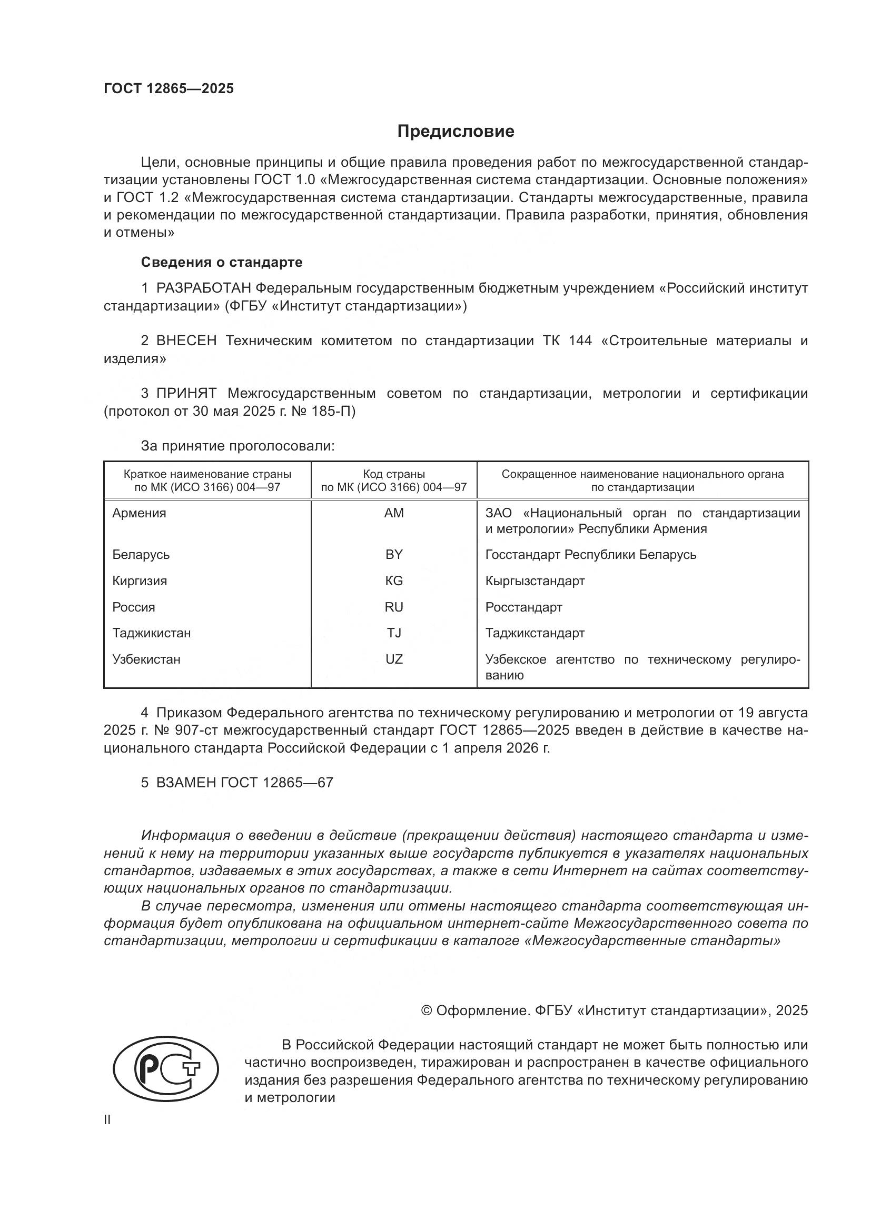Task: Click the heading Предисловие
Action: (456, 132)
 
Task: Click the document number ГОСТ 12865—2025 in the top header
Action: (169, 88)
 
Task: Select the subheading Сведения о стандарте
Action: (222, 262)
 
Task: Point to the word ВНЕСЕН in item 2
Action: (186, 341)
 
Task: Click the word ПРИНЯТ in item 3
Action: (186, 394)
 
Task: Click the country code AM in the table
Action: (394, 513)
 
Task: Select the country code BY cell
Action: (394, 554)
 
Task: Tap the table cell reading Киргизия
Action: (140, 581)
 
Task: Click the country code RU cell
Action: (394, 607)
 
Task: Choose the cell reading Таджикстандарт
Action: (535, 633)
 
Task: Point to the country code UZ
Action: (394, 659)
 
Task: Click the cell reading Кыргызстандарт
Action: (535, 581)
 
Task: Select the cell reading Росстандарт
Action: (523, 607)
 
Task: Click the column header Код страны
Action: (394, 474)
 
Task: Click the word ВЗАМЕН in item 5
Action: (186, 783)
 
